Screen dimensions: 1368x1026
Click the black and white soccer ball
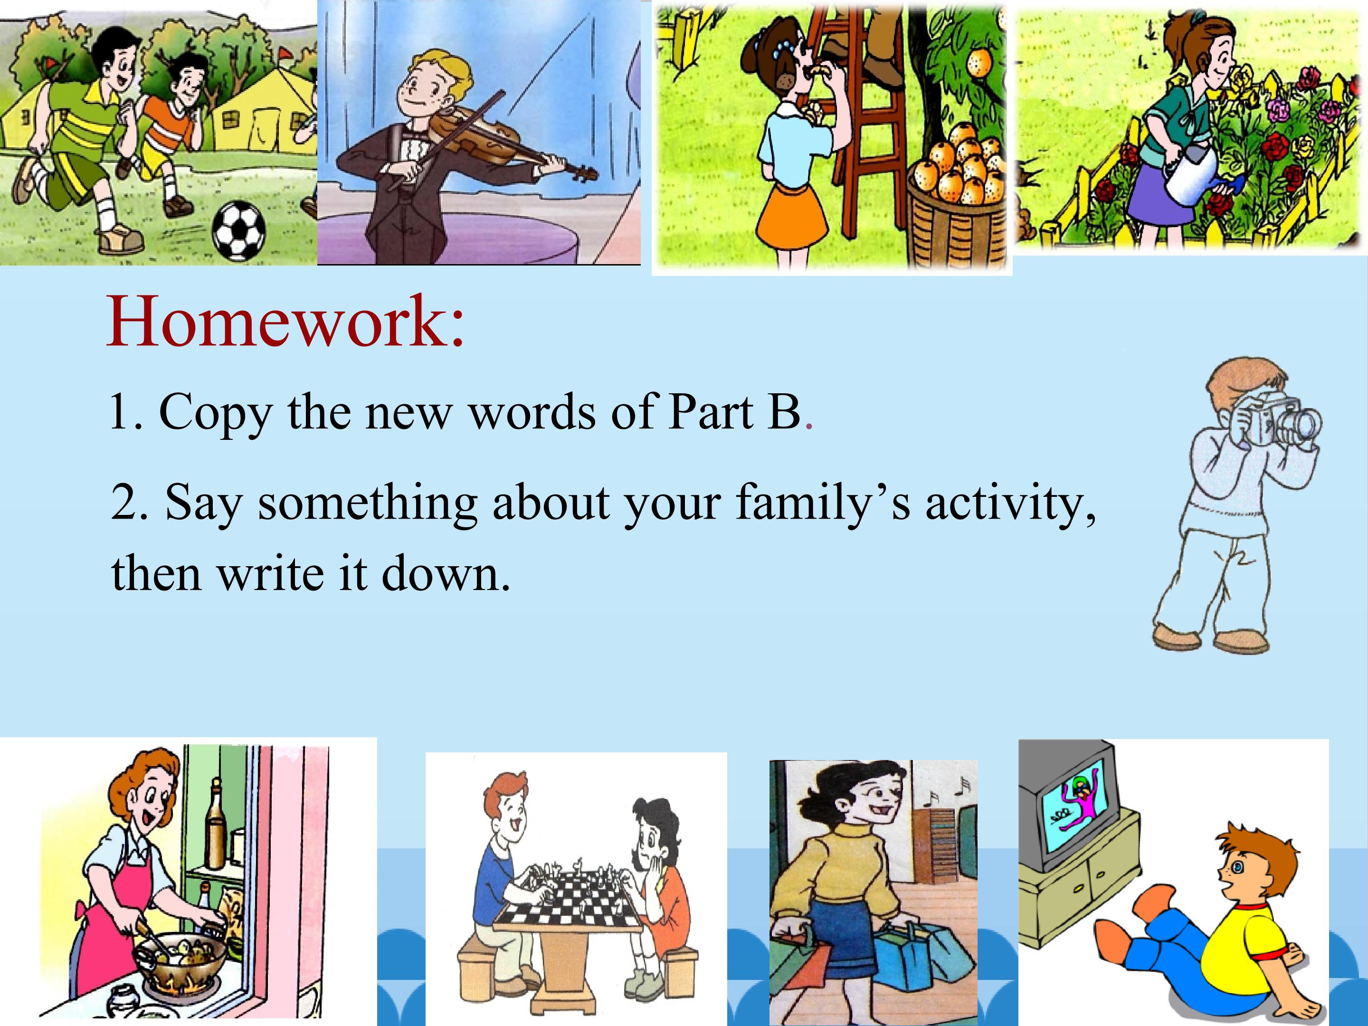pos(239,231)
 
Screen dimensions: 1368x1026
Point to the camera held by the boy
pos(1280,420)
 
